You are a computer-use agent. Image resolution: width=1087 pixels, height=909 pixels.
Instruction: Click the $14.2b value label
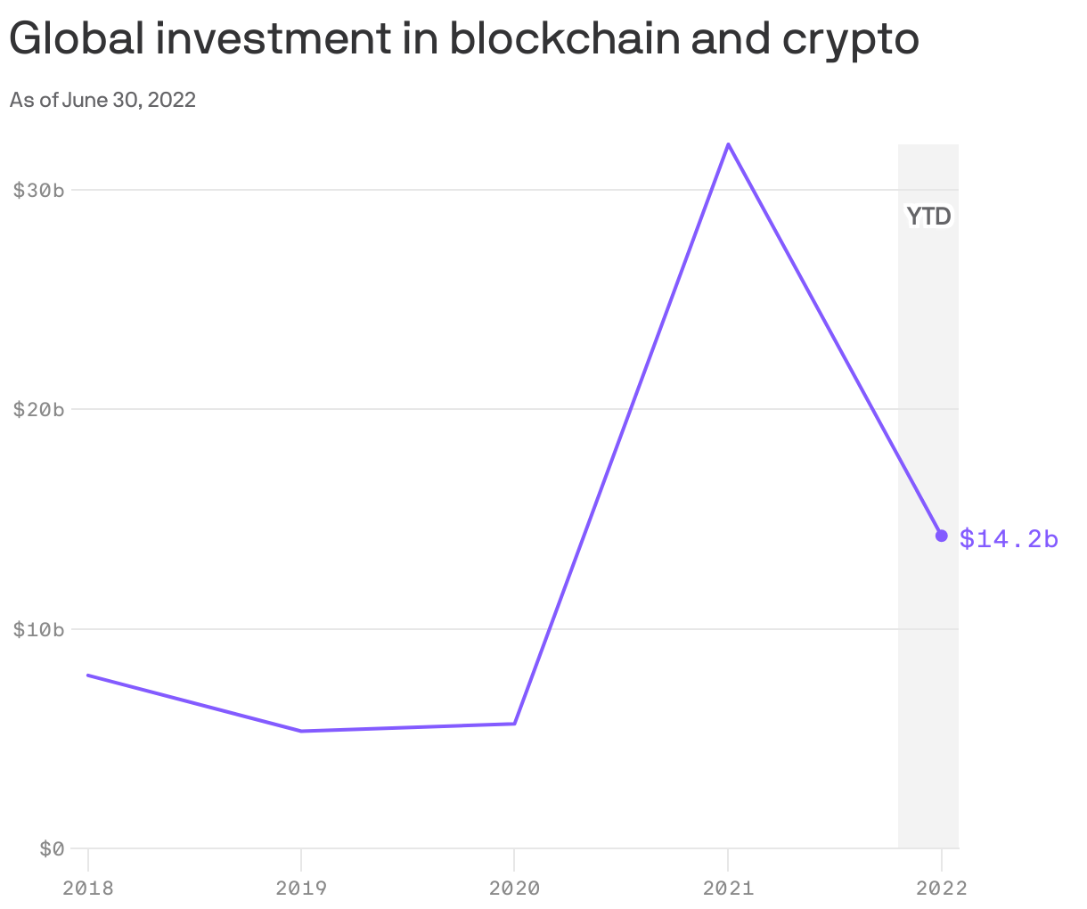point(1009,538)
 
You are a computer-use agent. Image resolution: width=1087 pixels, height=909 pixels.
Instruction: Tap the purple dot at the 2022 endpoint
point(941,536)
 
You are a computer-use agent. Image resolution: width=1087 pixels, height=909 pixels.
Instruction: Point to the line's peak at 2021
point(728,144)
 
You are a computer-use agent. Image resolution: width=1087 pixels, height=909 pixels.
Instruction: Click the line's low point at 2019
point(301,731)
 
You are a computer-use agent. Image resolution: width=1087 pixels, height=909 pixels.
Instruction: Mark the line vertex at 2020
point(515,723)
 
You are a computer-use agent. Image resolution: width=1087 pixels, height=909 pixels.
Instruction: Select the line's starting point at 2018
point(88,676)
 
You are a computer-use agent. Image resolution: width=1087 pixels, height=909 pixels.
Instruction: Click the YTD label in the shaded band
point(928,217)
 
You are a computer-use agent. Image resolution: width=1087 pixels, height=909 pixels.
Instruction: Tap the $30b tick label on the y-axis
point(39,190)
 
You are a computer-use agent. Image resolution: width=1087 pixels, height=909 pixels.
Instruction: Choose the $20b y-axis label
point(39,409)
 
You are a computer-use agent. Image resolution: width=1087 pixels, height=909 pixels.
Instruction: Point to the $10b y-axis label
point(39,629)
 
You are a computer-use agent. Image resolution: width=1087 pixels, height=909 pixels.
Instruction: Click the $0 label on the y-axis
point(52,848)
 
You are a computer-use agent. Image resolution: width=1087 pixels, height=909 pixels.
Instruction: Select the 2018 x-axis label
point(87,888)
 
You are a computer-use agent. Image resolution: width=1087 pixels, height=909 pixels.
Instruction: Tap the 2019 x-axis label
point(301,888)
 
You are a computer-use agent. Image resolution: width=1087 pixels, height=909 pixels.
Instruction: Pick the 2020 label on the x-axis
point(515,888)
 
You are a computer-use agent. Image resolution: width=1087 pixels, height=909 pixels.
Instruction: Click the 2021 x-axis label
point(728,888)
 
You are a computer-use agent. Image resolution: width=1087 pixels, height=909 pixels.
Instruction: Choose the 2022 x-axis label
point(941,888)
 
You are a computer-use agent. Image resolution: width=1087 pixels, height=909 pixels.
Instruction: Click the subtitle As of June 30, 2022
point(102,100)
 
